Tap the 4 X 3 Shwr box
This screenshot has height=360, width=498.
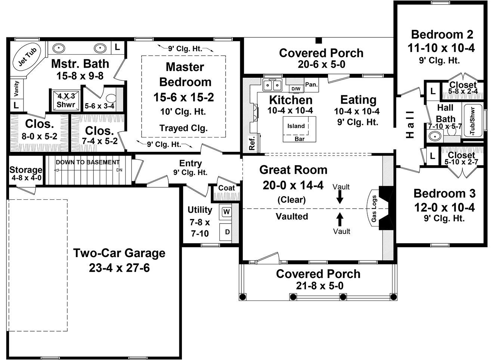click(x=66, y=100)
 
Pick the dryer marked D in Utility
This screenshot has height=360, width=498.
click(x=227, y=232)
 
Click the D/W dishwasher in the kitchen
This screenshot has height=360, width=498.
click(x=296, y=89)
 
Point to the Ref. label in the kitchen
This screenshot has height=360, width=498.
click(x=252, y=143)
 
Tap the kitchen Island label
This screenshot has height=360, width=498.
click(x=296, y=126)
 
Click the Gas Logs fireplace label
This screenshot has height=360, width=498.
click(x=374, y=209)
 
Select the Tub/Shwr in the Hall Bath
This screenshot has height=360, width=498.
click(x=473, y=121)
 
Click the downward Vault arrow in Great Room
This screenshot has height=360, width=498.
click(x=340, y=197)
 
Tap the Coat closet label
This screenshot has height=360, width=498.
click(x=226, y=188)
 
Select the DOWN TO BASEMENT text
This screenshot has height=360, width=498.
click(x=88, y=162)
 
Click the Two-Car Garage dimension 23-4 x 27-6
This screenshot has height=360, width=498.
click(x=119, y=268)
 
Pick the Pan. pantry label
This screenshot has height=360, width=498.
click(x=311, y=84)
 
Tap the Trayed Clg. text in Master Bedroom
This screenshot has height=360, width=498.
click(x=183, y=128)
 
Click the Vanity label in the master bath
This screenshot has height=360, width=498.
click(x=16, y=88)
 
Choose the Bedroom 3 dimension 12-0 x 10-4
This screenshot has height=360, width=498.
click(x=444, y=207)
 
